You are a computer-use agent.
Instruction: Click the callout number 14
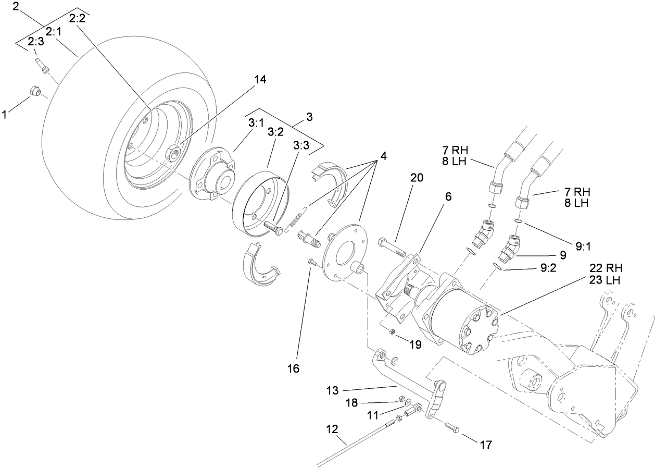260,79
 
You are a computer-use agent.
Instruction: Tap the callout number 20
416,177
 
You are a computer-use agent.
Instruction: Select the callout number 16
293,368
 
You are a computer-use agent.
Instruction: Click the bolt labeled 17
452,428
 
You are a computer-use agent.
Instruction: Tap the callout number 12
333,430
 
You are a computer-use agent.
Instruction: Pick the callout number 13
333,390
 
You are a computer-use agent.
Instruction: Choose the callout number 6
448,196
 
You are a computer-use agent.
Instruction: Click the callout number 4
384,155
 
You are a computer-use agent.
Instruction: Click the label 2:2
77,17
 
